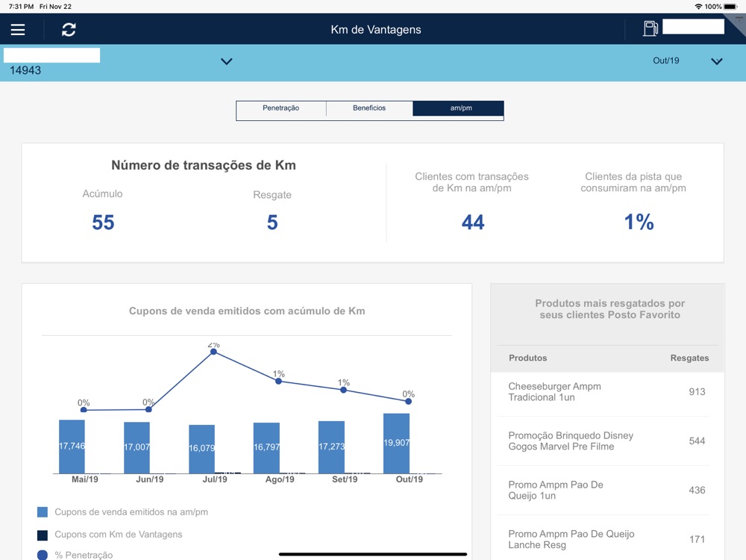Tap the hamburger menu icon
tap(18, 30)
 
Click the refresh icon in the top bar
tap(69, 30)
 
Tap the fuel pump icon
tap(651, 28)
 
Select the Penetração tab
tap(281, 108)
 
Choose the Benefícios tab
tap(369, 108)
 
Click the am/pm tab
tap(459, 108)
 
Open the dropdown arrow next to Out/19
tap(717, 61)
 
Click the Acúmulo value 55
tap(103, 223)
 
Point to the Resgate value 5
tap(272, 223)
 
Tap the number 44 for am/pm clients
tap(473, 223)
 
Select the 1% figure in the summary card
tap(639, 223)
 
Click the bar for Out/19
tap(396, 444)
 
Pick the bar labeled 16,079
tap(201, 449)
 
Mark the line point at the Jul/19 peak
tap(213, 352)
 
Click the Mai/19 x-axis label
tap(84, 479)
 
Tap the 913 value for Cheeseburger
tap(697, 392)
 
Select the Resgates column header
tap(689, 358)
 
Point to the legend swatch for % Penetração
tap(43, 555)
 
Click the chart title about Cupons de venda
tap(247, 311)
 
